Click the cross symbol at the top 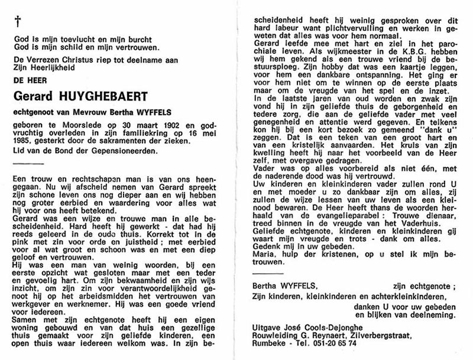tap(18, 21)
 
